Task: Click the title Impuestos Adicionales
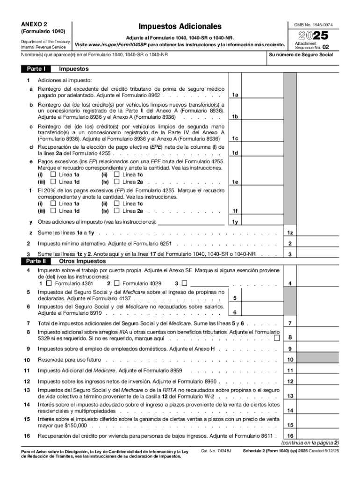click(x=180, y=27)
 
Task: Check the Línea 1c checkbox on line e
click(x=117, y=174)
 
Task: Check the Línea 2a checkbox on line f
click(x=117, y=211)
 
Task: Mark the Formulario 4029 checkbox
click(x=116, y=283)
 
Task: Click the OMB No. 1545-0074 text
click(x=313, y=24)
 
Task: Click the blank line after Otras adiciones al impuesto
click(x=191, y=221)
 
